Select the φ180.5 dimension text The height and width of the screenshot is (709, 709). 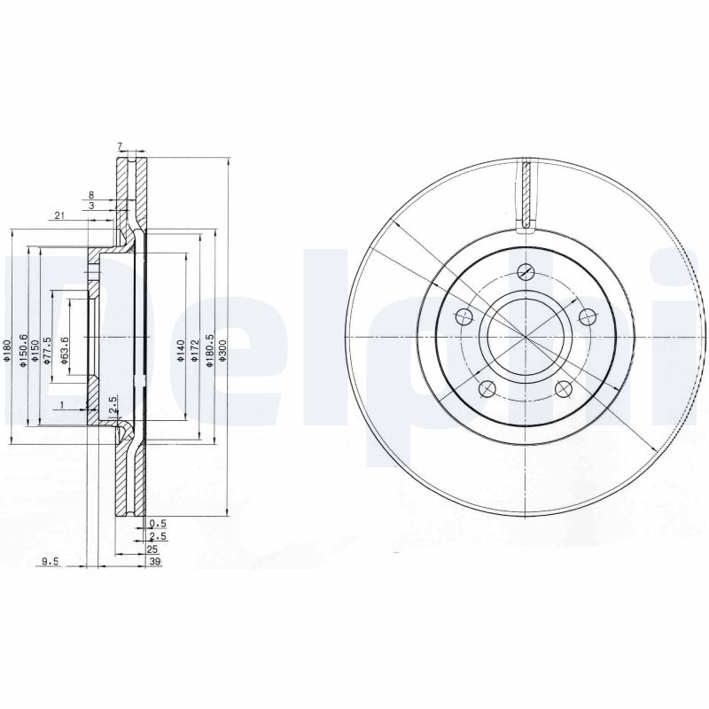coord(209,349)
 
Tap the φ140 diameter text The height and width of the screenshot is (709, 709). coord(180,349)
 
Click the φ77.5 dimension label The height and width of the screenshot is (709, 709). coord(49,350)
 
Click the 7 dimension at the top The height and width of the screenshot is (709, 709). coord(119,146)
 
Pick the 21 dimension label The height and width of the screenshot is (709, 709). coord(58,215)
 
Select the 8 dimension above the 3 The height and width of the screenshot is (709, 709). coord(90,194)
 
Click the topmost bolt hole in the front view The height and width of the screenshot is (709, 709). coord(526,272)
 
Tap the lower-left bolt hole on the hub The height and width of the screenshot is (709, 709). coord(485,388)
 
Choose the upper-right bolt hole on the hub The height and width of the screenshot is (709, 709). coord(586,316)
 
